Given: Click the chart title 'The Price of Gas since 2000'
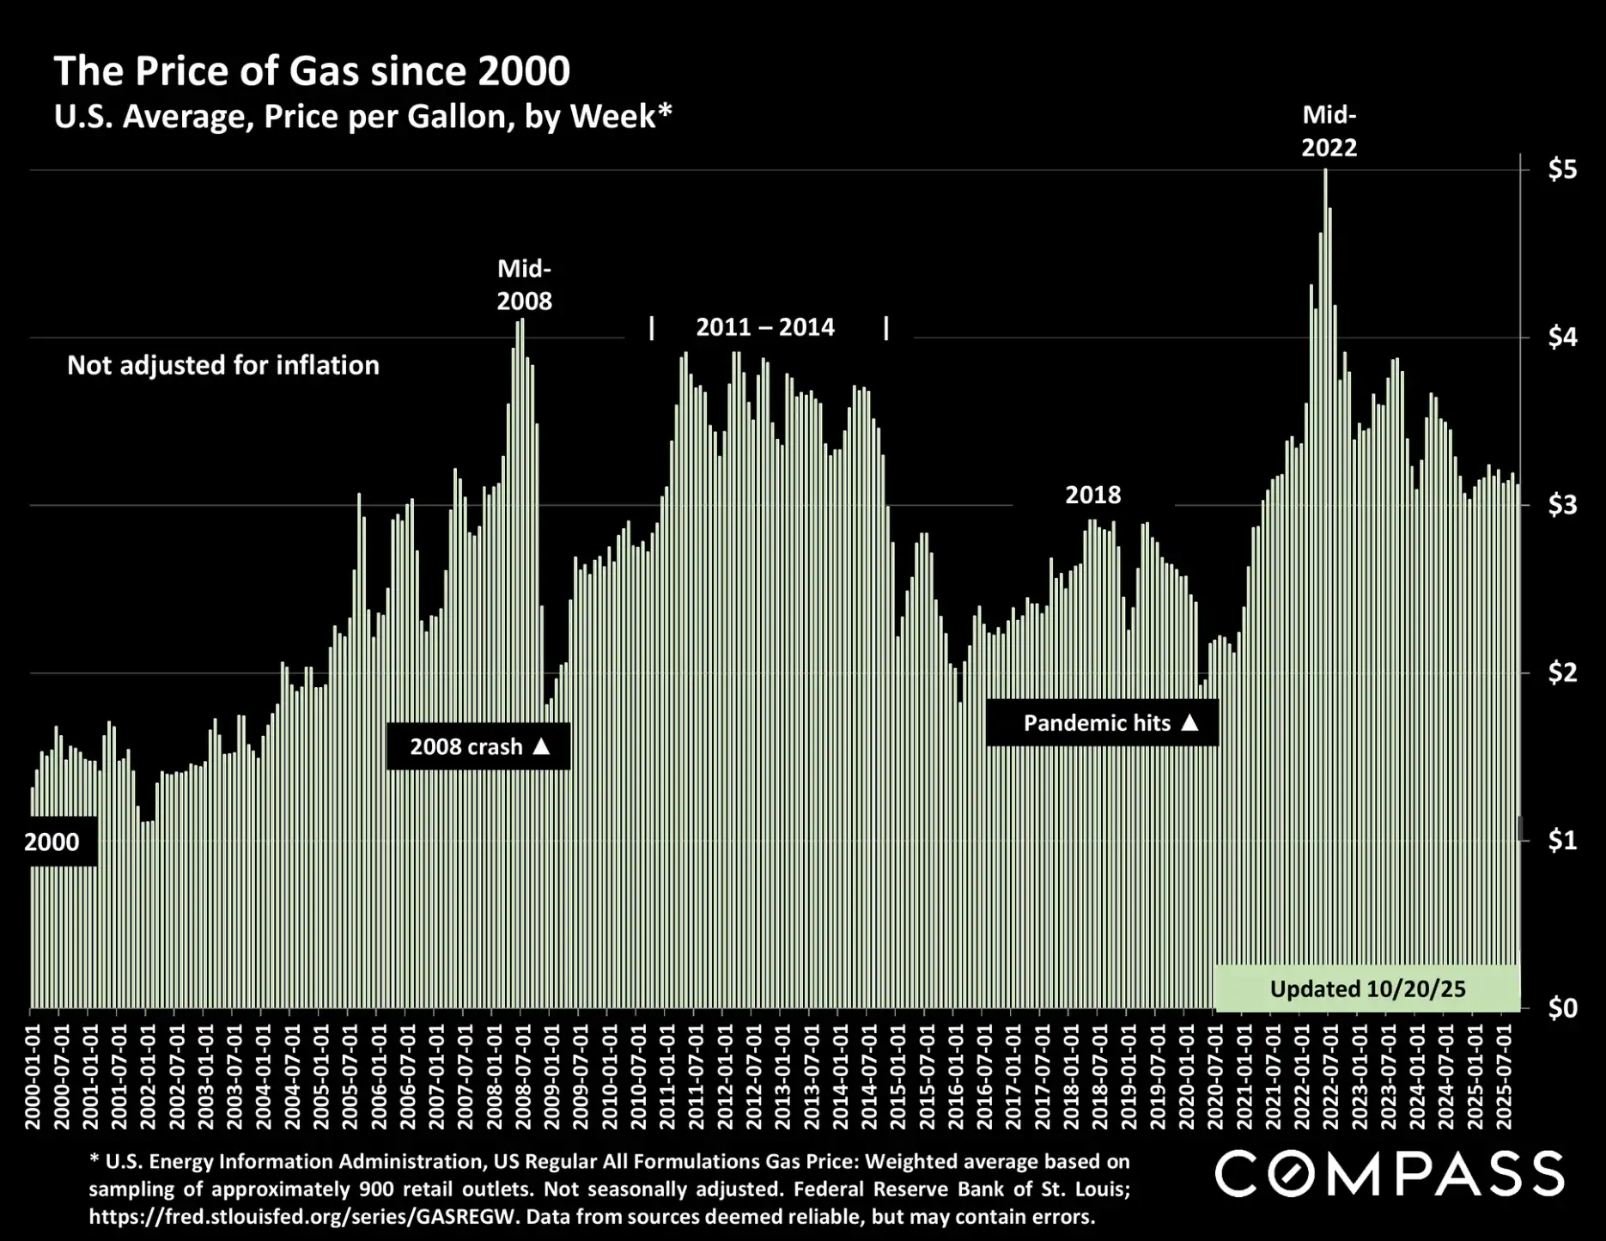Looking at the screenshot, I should [x=312, y=71].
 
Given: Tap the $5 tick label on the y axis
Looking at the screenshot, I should [x=1562, y=170].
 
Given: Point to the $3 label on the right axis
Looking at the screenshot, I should [x=1562, y=505].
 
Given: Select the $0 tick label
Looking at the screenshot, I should [x=1562, y=1007].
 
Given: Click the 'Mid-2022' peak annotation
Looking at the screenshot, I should [x=1329, y=131].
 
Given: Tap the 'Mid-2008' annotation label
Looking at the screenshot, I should [x=524, y=285].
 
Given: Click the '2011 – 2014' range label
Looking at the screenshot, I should [x=764, y=327].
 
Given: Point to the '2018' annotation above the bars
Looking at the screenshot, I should [x=1092, y=495].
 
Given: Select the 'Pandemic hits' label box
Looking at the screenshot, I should [x=1102, y=723].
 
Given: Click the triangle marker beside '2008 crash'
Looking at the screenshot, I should [x=541, y=746].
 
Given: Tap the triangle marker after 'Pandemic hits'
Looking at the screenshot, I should [x=1189, y=722].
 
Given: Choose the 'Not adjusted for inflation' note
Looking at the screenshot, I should [x=223, y=365].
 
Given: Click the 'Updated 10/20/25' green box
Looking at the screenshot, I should [x=1367, y=989].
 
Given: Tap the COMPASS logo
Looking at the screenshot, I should [x=1389, y=1174].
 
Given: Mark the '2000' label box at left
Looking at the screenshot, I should [x=52, y=842].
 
